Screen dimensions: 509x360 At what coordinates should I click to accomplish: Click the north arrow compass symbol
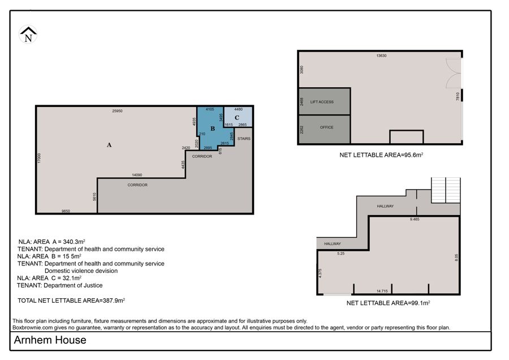tap(28, 35)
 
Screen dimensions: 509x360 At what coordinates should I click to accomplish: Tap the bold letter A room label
tap(109, 145)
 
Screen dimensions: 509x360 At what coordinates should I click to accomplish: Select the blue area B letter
tap(213, 128)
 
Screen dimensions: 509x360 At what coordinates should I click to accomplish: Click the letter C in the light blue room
tap(237, 118)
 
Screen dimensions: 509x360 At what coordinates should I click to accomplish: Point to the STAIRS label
tap(244, 139)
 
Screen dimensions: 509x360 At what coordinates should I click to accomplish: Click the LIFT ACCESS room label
tap(322, 102)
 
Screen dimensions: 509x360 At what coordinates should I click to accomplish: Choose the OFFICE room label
tap(326, 127)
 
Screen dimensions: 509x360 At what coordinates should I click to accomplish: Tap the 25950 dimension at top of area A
tap(117, 111)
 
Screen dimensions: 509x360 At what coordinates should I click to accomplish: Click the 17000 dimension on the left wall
tap(39, 158)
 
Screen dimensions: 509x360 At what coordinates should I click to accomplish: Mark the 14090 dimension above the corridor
tap(137, 175)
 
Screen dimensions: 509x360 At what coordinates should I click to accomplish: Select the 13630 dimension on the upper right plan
tap(381, 56)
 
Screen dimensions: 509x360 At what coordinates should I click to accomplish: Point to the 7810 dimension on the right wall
tap(458, 96)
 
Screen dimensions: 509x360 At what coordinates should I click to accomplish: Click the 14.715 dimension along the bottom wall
tap(382, 291)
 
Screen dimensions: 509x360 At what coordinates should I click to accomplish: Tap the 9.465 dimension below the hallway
tap(415, 220)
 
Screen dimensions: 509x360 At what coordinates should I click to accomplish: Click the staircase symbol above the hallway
tap(446, 190)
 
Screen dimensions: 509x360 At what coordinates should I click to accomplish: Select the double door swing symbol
tap(454, 74)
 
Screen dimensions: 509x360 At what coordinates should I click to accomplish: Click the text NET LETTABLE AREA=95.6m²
tap(381, 155)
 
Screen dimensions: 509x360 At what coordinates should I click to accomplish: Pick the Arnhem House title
tap(50, 340)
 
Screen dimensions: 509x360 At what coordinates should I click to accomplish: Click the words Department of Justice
tap(73, 286)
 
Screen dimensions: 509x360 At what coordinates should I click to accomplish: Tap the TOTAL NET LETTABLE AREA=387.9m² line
tap(71, 301)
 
